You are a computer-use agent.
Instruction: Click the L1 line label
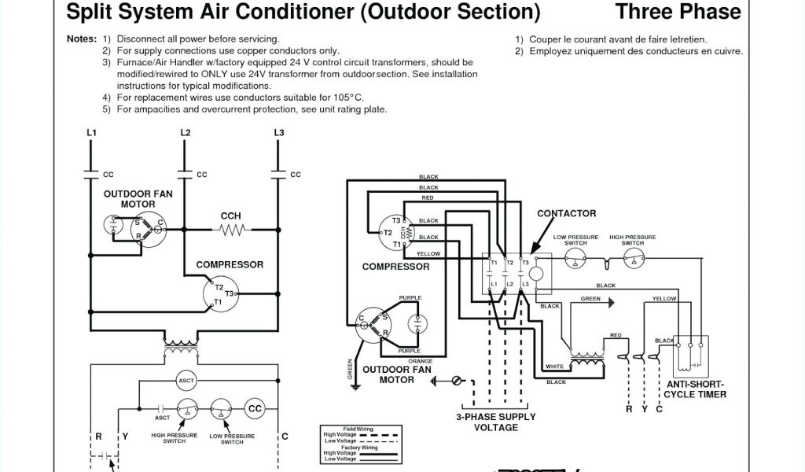91,132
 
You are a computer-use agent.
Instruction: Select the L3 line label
278,132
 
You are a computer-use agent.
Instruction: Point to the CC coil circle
255,408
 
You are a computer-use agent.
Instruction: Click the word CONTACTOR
566,213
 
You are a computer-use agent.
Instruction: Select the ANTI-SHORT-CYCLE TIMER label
695,389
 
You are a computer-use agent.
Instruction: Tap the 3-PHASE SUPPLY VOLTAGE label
495,422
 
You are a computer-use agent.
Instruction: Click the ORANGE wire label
410,361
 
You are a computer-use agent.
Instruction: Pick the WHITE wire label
555,366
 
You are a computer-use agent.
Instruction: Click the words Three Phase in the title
678,12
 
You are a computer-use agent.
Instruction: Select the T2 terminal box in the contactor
509,262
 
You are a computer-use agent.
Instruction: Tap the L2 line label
186,132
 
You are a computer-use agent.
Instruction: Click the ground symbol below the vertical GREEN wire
355,386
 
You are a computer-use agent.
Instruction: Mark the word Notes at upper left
81,39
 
